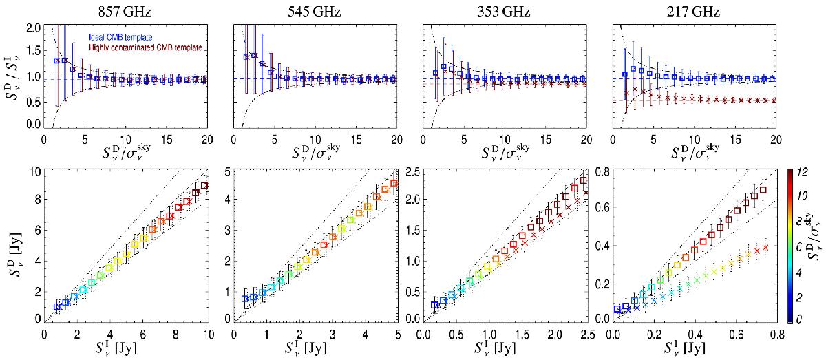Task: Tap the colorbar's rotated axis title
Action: [819, 244]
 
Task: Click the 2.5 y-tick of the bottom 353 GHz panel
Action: [411, 171]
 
